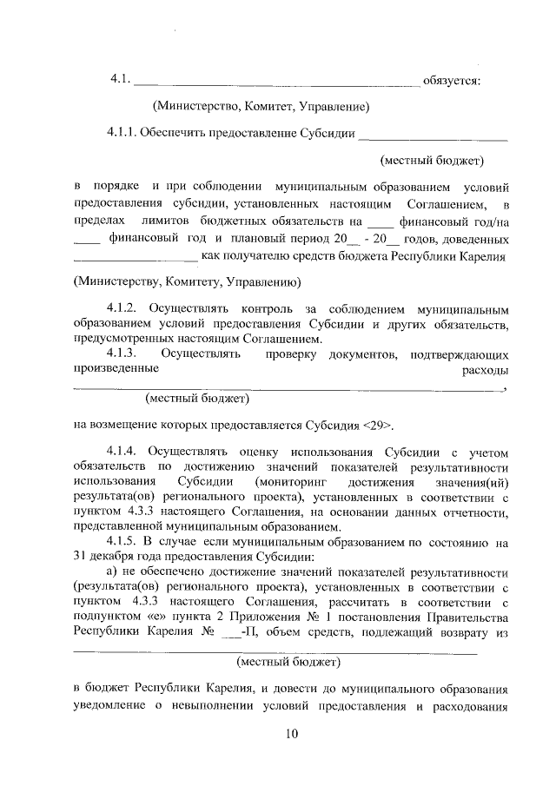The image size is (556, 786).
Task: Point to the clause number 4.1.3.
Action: [122, 353]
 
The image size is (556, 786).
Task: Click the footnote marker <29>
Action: [379, 426]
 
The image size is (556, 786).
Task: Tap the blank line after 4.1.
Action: [277, 83]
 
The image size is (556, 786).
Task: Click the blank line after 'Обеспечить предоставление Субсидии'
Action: [433, 137]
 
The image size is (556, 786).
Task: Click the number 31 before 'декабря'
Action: [82, 557]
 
